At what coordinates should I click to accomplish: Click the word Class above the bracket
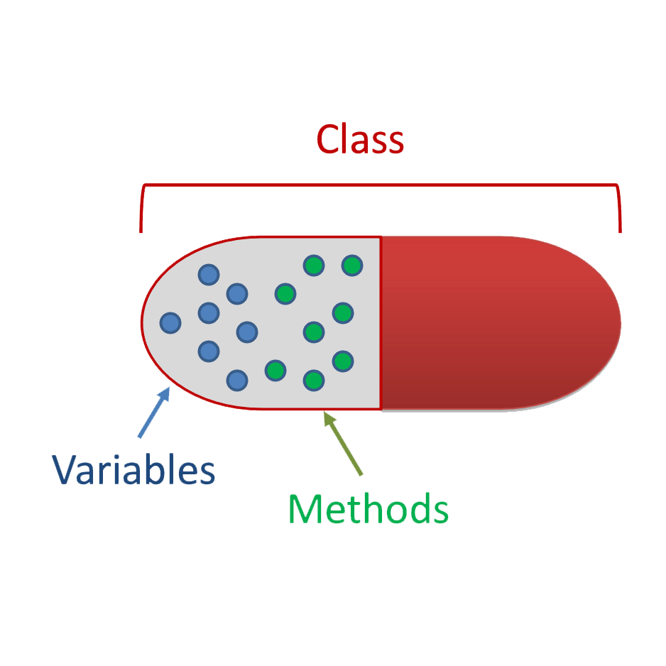click(x=360, y=140)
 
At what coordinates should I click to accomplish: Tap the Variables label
click(x=133, y=469)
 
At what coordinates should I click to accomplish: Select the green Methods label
click(x=368, y=508)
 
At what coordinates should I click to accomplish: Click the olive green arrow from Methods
click(x=344, y=444)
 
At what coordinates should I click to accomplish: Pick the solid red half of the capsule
click(x=497, y=323)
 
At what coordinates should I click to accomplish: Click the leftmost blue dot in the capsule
click(x=170, y=323)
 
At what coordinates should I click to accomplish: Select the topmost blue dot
click(x=209, y=274)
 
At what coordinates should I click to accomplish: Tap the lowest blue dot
click(x=237, y=380)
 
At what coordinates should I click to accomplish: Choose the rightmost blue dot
click(x=246, y=331)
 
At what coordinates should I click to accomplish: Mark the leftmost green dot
click(x=275, y=370)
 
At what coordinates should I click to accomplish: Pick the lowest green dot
click(x=313, y=380)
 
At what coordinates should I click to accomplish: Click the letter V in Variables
click(x=65, y=469)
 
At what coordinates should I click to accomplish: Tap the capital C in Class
click(x=328, y=140)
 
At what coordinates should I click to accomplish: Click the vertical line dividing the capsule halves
click(x=381, y=323)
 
